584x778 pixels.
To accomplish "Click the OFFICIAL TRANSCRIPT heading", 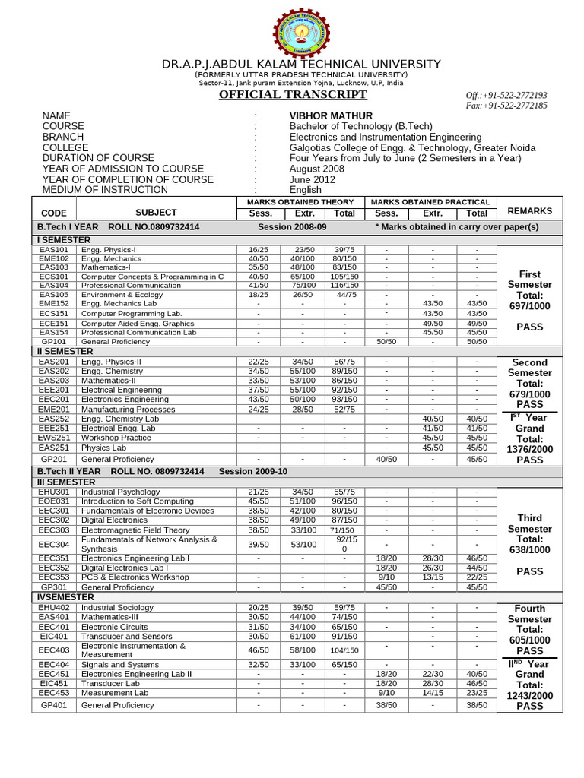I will pos(282,94).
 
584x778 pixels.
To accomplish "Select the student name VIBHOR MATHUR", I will pos(325,115).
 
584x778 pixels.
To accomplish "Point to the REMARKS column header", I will pos(529,210).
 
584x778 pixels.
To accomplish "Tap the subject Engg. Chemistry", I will pos(114,371).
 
